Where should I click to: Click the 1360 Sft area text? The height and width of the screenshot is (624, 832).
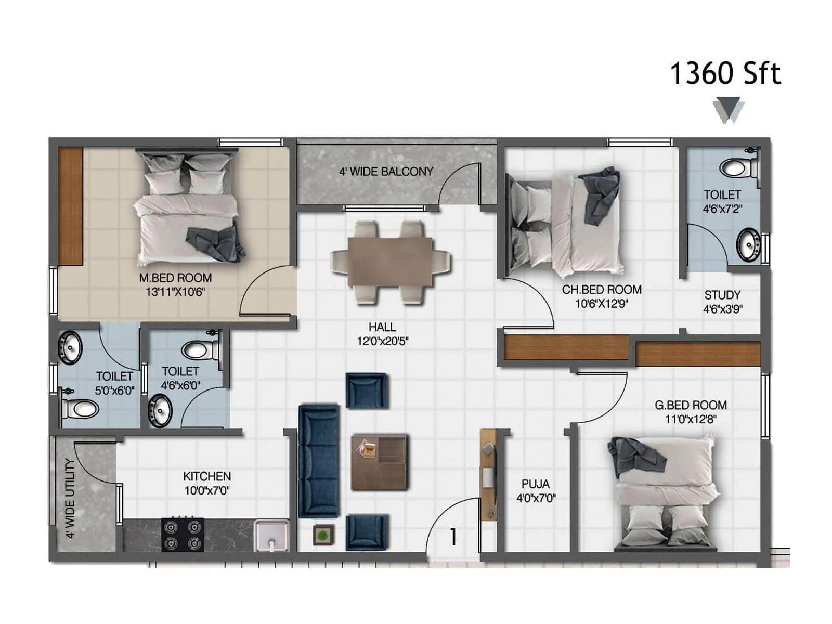(x=725, y=73)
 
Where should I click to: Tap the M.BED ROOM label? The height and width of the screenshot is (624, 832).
(x=175, y=278)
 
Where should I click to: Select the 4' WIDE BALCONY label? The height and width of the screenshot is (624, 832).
(x=386, y=172)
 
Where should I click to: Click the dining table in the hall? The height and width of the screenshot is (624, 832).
(x=390, y=262)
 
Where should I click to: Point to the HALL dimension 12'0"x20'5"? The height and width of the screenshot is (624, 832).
(x=382, y=342)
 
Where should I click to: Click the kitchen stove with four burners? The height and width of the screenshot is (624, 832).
(x=182, y=535)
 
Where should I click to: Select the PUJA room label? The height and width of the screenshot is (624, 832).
(x=536, y=484)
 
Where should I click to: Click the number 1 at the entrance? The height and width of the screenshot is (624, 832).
(x=453, y=537)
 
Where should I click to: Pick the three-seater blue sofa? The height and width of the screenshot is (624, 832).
(x=319, y=461)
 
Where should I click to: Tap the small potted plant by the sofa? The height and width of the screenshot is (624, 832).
(x=323, y=535)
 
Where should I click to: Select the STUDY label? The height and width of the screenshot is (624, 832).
(x=722, y=295)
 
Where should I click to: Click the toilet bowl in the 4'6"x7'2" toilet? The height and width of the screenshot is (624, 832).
(x=737, y=168)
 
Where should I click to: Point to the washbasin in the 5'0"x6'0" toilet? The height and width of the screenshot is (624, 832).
(x=70, y=347)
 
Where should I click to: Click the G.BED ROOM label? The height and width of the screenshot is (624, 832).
(x=691, y=405)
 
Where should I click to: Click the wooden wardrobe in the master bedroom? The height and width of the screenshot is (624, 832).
(x=70, y=206)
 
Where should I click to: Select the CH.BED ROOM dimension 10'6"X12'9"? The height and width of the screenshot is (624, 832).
(x=602, y=304)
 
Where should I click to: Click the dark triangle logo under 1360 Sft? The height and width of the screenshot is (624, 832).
(x=728, y=110)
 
